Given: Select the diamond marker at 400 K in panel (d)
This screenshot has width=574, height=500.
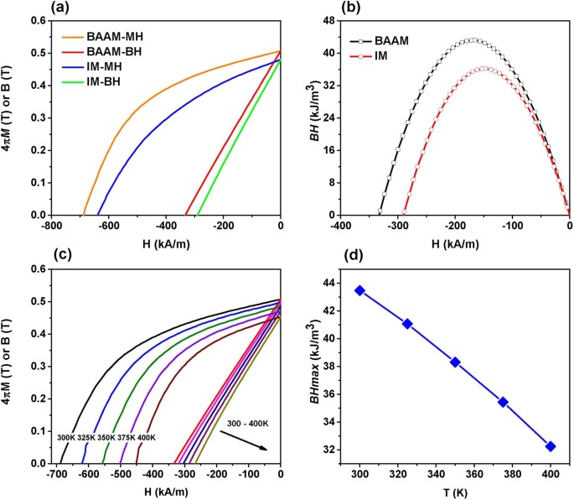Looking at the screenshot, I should (551, 446).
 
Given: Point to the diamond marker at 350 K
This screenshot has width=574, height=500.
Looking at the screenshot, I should (455, 362).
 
